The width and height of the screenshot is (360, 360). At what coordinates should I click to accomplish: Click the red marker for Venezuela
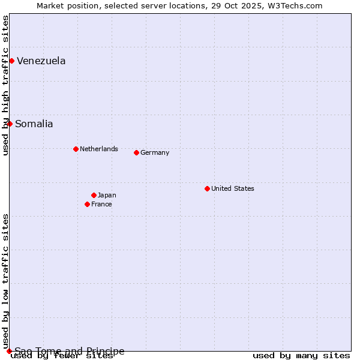point(11,61)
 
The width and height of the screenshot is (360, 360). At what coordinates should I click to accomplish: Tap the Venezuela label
point(41,61)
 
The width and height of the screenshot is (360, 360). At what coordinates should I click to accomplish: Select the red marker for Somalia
point(10,124)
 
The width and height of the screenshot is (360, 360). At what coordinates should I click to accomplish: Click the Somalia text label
point(34,124)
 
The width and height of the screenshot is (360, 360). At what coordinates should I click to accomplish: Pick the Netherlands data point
point(76,149)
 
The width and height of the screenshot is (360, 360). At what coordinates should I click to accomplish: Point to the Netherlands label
point(98,149)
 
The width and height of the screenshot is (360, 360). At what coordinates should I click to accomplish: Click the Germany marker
point(136,152)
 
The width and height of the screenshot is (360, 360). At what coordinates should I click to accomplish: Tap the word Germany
point(154,152)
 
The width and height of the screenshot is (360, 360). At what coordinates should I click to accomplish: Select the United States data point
point(207,188)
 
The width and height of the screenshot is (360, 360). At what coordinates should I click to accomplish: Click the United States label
point(232,188)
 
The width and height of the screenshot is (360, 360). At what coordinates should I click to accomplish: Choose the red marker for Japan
point(94,195)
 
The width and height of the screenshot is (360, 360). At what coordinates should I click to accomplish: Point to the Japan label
point(107,195)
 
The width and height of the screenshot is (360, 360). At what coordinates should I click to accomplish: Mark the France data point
point(87,204)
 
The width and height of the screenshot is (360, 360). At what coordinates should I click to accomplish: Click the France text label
point(101,204)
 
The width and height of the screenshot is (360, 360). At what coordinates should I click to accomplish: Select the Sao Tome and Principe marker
point(9,351)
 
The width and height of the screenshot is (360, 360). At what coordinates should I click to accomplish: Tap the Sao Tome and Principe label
point(70,351)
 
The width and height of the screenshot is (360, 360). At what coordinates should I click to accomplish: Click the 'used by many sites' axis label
point(301,356)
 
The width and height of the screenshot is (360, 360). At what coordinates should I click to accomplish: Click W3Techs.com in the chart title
point(296,5)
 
